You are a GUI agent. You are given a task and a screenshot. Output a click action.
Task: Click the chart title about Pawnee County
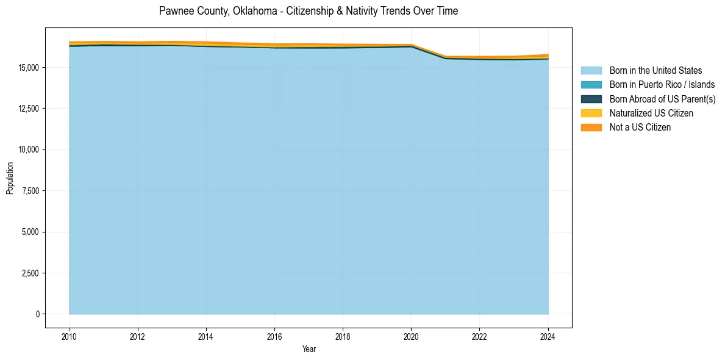point(308,11)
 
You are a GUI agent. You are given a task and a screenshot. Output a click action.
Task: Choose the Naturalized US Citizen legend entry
point(651,113)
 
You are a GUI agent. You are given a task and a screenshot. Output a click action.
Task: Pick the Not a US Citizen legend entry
point(640,128)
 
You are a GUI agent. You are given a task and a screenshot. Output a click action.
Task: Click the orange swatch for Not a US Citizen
point(591,128)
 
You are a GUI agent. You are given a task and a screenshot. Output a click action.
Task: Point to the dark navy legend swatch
point(591,99)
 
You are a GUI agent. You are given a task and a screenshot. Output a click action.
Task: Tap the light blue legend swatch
point(591,71)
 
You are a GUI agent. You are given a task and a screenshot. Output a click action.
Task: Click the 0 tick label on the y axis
point(37,314)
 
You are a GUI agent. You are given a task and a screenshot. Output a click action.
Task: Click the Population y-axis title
point(10,178)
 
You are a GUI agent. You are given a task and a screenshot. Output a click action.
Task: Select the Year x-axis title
point(309,349)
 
